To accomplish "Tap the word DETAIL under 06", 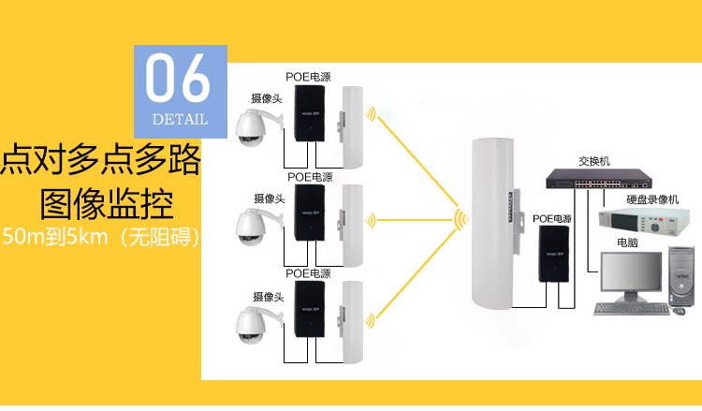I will [179, 119].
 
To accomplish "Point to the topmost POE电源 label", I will [309, 76].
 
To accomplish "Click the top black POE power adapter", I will [310, 117].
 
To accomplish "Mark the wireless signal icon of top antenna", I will [372, 119].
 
